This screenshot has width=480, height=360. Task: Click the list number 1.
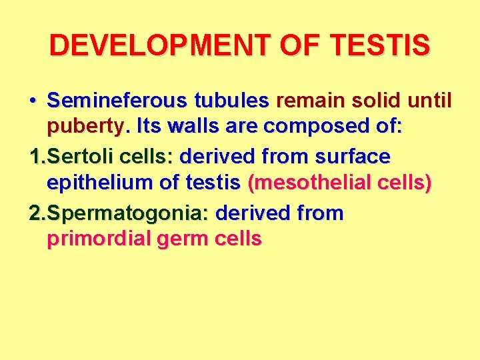(37, 157)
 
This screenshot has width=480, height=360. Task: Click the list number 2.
(37, 214)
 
